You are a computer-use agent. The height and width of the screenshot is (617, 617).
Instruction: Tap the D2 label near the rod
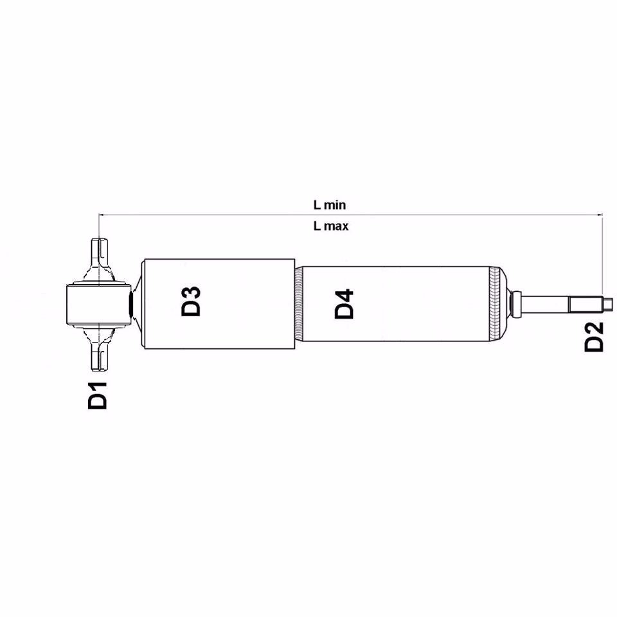pyautogui.click(x=595, y=336)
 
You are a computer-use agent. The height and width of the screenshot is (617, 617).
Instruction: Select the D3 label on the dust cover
pyautogui.click(x=192, y=301)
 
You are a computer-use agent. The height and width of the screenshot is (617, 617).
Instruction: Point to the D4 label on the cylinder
pyautogui.click(x=344, y=304)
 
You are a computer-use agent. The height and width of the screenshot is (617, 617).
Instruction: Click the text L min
pyautogui.click(x=330, y=205)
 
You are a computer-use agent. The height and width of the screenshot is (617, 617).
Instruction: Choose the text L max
pyautogui.click(x=331, y=226)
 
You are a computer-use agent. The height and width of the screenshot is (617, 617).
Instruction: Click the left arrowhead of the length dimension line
pyautogui.click(x=102, y=215)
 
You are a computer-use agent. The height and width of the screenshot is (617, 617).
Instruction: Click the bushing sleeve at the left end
pyautogui.click(x=96, y=303)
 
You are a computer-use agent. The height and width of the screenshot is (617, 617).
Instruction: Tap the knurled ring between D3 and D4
pyautogui.click(x=298, y=303)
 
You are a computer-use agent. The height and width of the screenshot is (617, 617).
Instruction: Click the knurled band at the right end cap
pyautogui.click(x=494, y=303)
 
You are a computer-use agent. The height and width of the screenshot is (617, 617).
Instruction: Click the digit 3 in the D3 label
pyautogui.click(x=192, y=292)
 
